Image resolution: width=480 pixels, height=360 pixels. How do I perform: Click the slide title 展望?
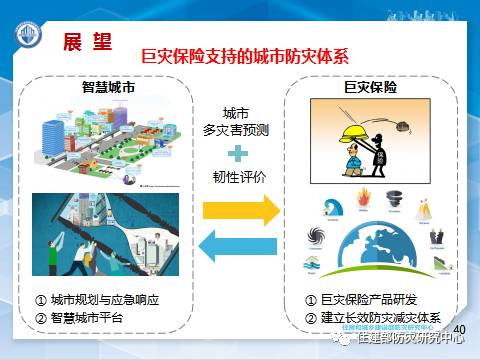click(x=87, y=41)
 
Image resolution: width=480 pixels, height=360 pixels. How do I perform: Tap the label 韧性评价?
click(x=237, y=180)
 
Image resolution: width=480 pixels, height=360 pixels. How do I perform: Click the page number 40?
click(x=460, y=329)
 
